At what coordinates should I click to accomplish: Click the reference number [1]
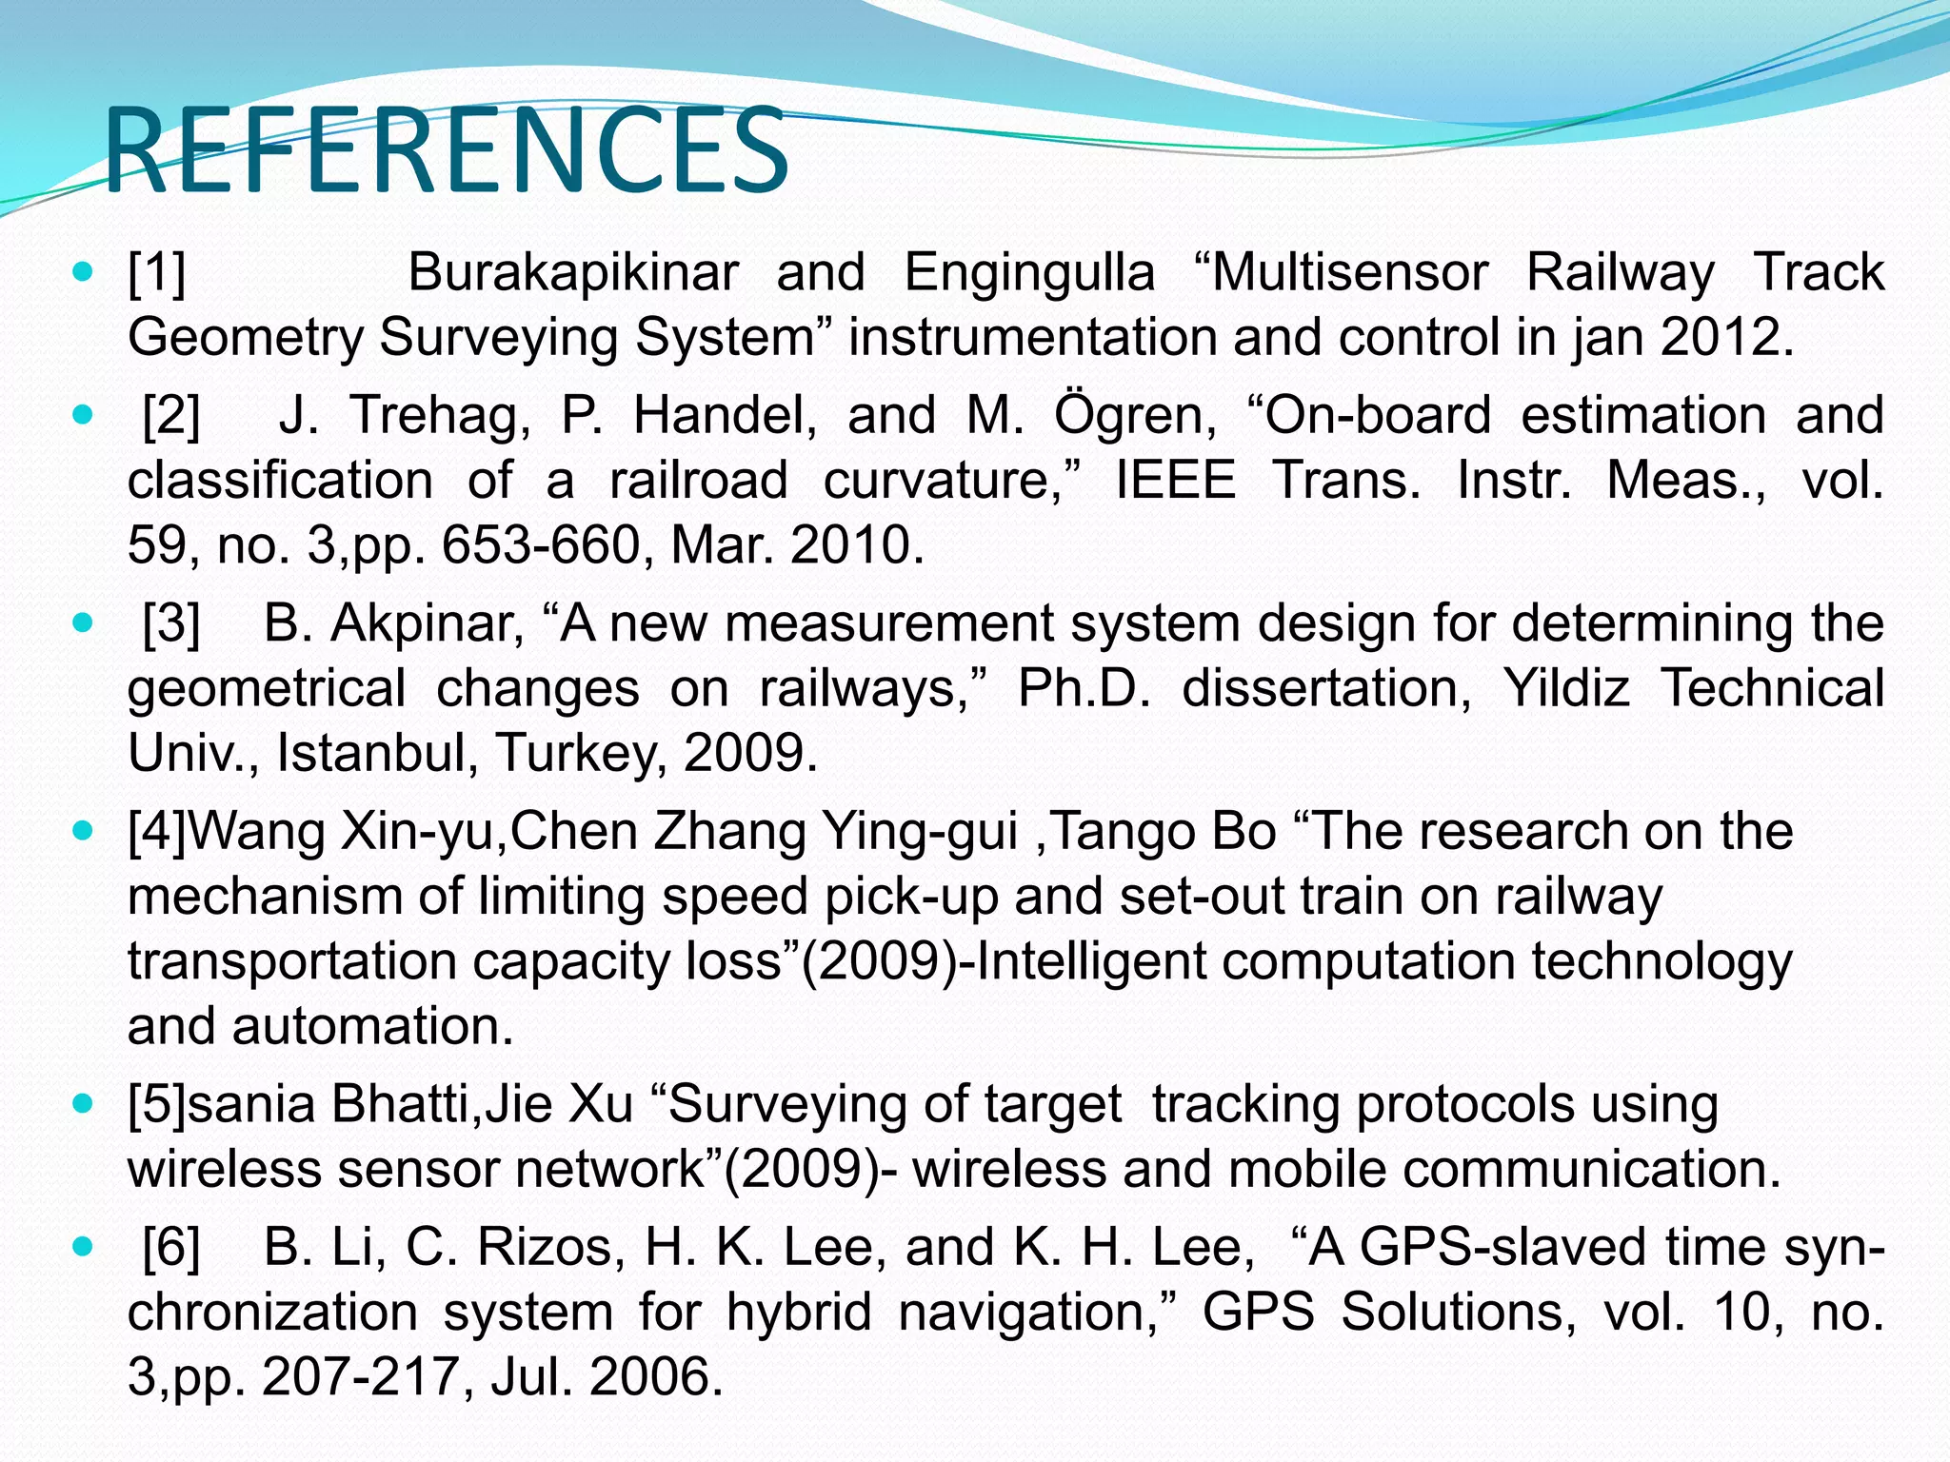157,273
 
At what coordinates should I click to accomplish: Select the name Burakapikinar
573,273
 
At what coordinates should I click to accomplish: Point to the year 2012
1720,338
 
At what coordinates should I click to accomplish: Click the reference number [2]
171,416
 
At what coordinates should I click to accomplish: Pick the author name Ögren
1133,416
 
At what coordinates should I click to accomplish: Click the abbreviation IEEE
1175,481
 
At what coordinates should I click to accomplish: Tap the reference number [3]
171,624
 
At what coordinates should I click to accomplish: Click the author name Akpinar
427,624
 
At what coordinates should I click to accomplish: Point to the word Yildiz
1566,689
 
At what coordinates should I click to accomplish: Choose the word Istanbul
376,754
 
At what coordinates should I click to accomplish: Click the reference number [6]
171,1248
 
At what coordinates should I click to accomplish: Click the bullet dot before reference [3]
84,624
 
